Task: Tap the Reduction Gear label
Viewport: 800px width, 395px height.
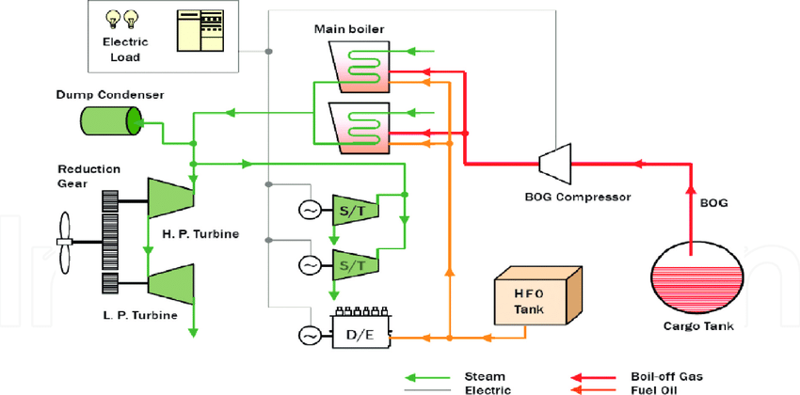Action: [88, 176]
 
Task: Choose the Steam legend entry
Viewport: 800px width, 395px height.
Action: [485, 375]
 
